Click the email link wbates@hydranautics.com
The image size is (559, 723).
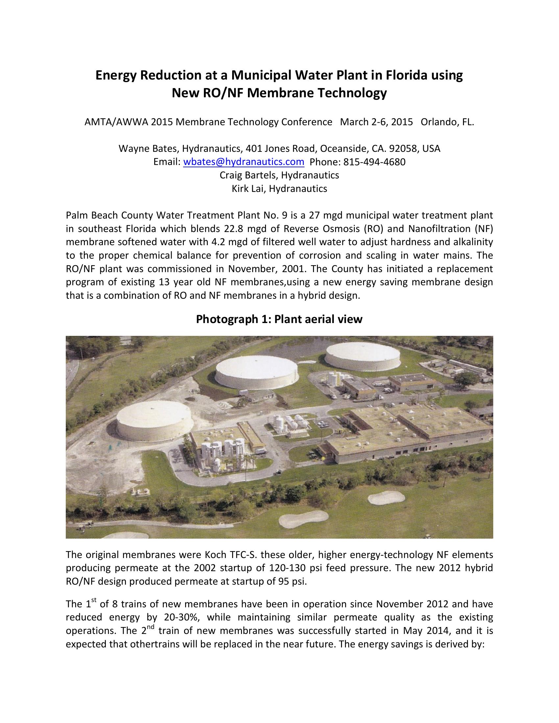(x=243, y=162)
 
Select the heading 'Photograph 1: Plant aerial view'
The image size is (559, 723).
(x=279, y=319)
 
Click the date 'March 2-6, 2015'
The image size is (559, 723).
(x=377, y=122)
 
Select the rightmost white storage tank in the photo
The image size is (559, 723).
(x=362, y=356)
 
